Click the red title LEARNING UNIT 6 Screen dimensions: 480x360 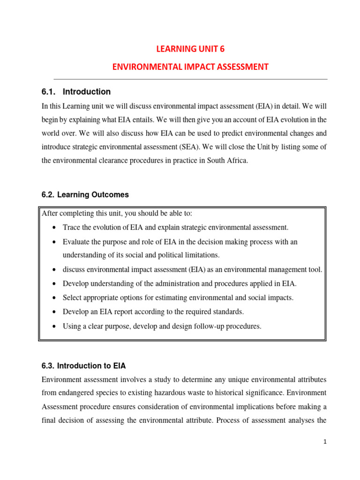[190, 49]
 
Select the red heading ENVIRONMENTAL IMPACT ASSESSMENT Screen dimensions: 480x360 [190, 67]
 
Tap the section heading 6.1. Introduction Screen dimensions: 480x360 [76, 92]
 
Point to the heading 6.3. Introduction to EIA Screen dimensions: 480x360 [84, 366]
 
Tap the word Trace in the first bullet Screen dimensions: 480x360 [72, 228]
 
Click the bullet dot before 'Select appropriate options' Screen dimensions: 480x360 [54, 298]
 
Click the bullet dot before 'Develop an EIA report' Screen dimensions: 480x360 [54, 312]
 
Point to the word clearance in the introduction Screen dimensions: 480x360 [122, 160]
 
